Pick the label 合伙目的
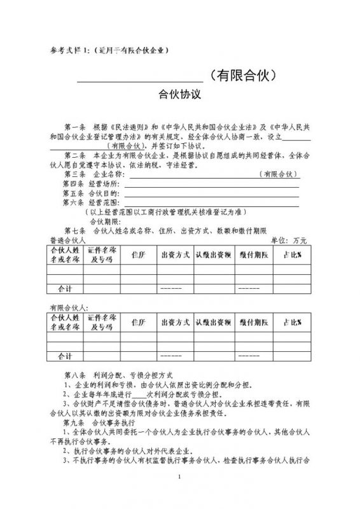tap(105, 193)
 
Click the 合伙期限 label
tap(104, 221)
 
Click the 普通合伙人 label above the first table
tap(66, 240)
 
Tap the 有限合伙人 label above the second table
tap(66, 307)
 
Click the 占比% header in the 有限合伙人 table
tap(292, 323)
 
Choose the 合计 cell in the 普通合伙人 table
tap(65, 288)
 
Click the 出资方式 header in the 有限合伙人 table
tap(176, 323)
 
